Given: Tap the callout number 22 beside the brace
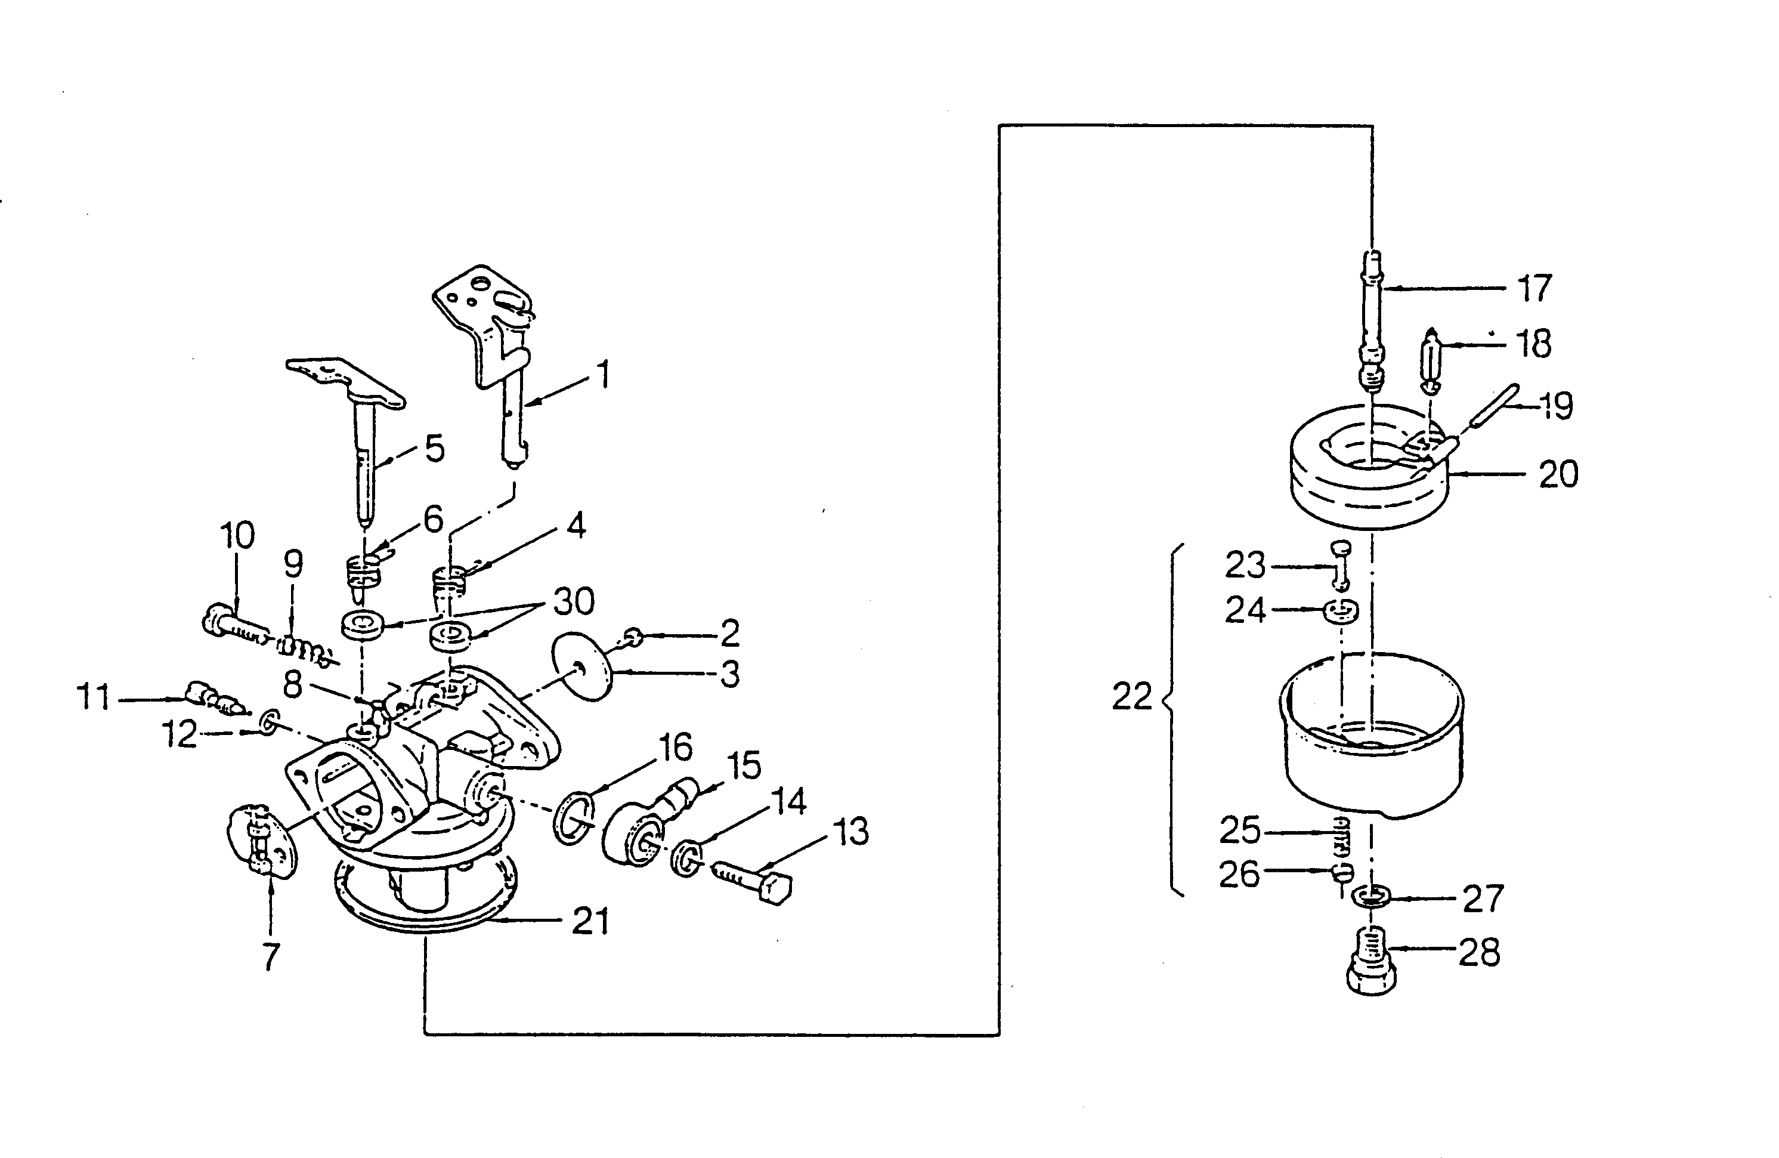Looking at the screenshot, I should [1132, 697].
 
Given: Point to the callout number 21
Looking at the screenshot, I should [590, 921].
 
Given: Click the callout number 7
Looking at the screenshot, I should [271, 957].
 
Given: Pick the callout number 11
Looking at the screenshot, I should [94, 697].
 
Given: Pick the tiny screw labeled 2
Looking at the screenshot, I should [633, 637].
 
